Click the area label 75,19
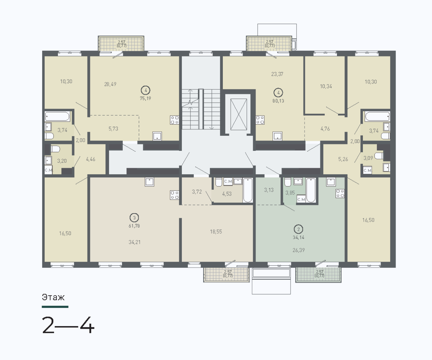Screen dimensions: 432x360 click(x=145, y=99)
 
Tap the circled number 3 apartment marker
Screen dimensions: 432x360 click(x=134, y=218)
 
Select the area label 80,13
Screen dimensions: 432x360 click(x=278, y=101)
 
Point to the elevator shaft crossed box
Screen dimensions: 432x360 click(x=239, y=114)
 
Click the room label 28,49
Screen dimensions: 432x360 click(x=110, y=84)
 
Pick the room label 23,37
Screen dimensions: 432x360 click(x=277, y=74)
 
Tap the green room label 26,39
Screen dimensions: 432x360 click(x=298, y=250)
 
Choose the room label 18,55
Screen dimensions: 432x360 click(x=216, y=232)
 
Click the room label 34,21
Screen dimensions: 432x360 click(x=135, y=242)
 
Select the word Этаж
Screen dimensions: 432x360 click(x=53, y=297)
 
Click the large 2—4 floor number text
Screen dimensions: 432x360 click(x=68, y=325)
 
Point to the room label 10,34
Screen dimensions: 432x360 click(x=326, y=86)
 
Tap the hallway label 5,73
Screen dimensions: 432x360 click(x=113, y=129)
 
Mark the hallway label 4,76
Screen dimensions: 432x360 click(x=325, y=129)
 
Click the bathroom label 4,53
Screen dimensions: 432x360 click(x=227, y=194)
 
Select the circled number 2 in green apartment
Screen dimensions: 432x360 click(x=298, y=229)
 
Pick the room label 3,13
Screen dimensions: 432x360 click(x=269, y=190)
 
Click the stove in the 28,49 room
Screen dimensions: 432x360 click(x=174, y=120)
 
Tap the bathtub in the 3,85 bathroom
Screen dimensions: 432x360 click(x=311, y=190)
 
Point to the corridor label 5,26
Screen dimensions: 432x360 click(x=343, y=159)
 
